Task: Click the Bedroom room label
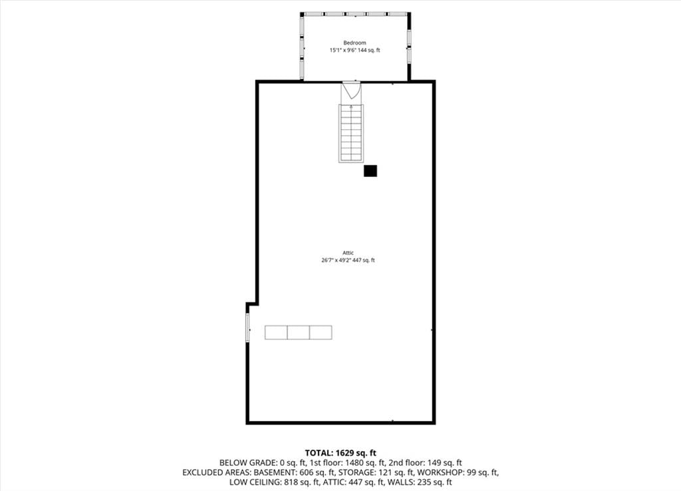point(354,43)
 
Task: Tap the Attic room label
point(348,252)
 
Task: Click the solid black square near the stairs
point(370,171)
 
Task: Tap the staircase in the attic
point(351,133)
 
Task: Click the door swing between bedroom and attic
point(351,90)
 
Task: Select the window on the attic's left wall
point(247,327)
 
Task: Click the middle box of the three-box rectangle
point(299,333)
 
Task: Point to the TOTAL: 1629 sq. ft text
point(340,453)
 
